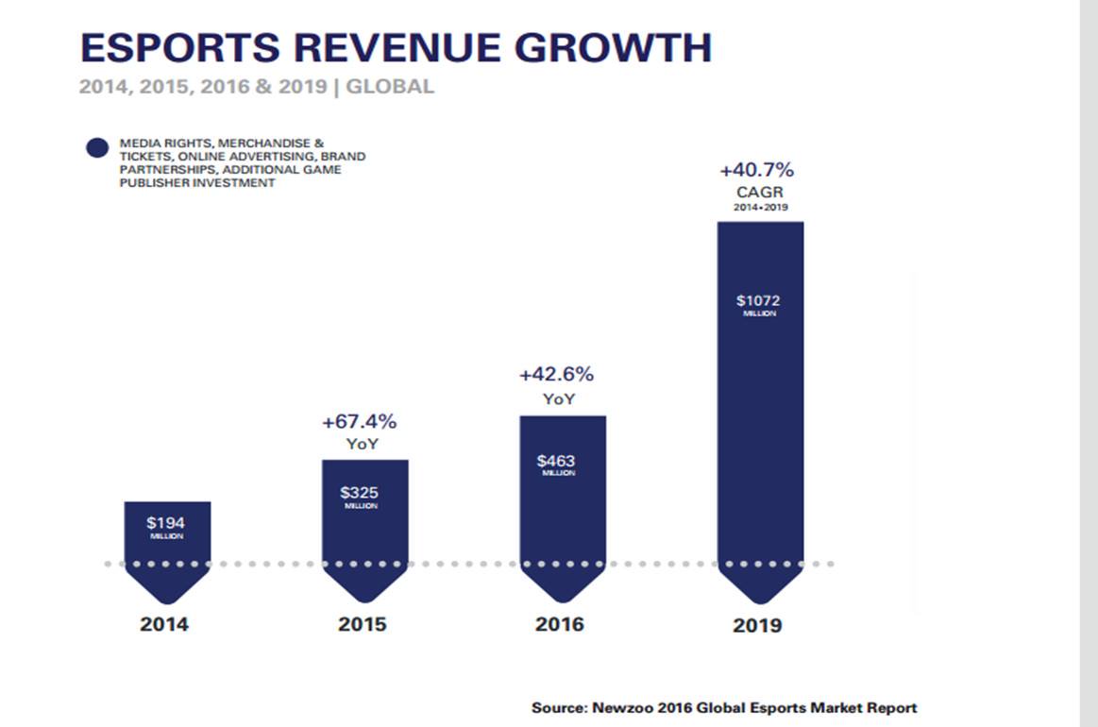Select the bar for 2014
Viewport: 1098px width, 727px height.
167,548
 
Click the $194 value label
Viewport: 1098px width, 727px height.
166,522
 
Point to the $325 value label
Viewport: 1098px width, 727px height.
360,492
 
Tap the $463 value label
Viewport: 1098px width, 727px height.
557,461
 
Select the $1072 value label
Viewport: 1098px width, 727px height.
759,301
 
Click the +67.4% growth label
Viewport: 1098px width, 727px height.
360,421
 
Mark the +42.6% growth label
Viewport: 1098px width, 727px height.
557,374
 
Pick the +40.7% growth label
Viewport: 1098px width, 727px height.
757,171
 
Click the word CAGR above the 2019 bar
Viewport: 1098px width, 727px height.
760,192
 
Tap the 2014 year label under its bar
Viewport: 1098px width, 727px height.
164,624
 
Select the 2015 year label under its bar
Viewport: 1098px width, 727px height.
363,624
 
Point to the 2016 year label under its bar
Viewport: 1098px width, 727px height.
559,624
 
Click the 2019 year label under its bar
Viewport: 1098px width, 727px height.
757,625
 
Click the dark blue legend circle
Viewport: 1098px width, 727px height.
97,149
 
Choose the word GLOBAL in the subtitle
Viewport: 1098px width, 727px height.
391,87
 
